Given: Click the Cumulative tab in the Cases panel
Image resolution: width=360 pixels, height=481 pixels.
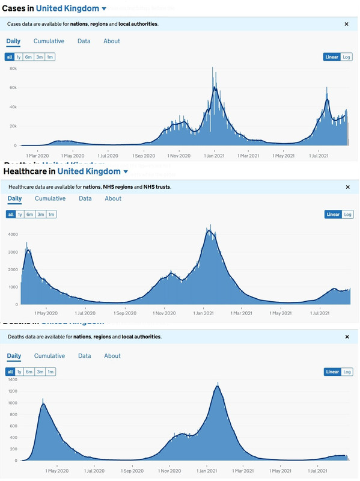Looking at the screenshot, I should point(49,41).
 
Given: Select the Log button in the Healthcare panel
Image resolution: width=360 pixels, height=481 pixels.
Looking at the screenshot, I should point(348,215).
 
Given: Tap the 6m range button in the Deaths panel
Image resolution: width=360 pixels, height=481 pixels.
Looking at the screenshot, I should point(30,372).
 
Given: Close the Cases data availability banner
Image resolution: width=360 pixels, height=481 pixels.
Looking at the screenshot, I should point(346,24).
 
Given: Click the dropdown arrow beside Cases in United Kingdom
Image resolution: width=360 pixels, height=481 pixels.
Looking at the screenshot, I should point(104,9).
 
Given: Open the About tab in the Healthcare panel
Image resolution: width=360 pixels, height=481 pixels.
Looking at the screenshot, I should point(113,198).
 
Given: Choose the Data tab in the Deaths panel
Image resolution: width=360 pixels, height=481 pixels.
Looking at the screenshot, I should point(85,356).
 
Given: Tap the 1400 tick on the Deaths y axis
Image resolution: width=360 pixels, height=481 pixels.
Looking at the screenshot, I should point(11,380).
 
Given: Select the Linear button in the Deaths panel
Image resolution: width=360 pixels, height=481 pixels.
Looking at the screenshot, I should point(332,372).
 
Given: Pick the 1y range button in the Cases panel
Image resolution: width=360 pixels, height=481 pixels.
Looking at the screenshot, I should point(19,57).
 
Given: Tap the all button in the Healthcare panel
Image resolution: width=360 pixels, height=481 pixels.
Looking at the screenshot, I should point(10,215).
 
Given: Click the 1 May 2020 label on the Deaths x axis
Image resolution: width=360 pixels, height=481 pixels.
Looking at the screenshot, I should point(55,471).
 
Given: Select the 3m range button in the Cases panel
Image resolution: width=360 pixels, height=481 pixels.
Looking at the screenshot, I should point(40,57).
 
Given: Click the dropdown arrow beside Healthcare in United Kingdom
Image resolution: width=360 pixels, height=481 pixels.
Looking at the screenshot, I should point(126,173).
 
